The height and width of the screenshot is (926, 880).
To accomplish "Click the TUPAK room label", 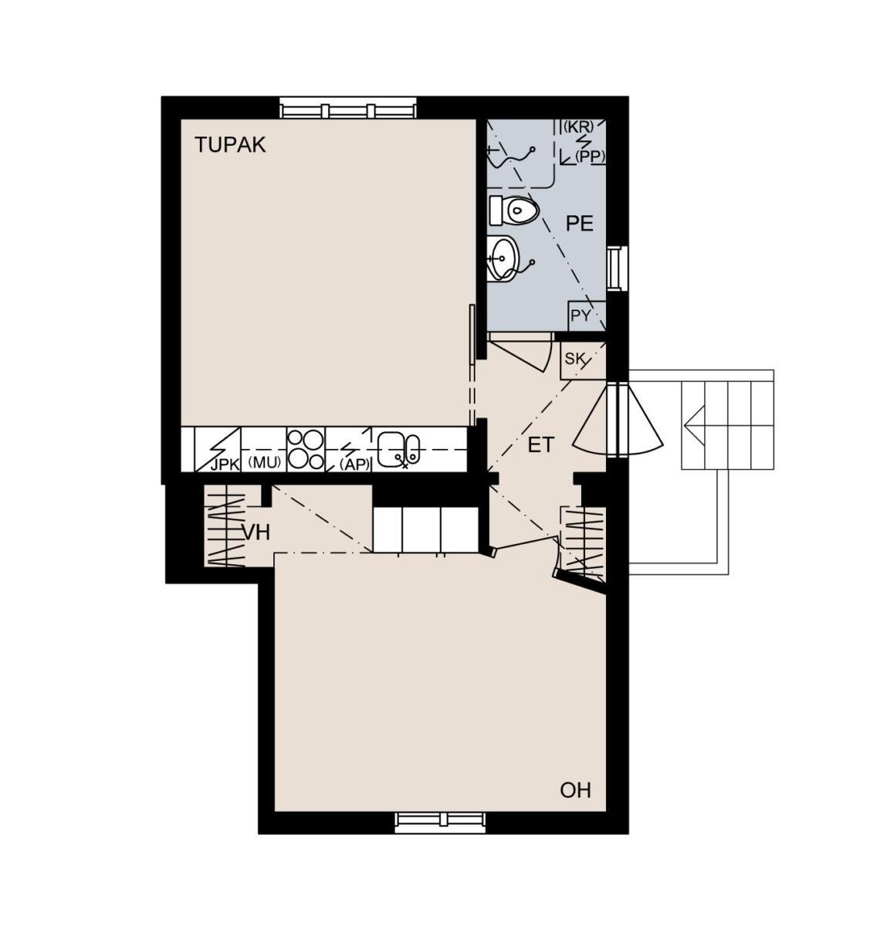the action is (230, 145).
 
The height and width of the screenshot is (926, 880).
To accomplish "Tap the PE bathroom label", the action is (579, 225).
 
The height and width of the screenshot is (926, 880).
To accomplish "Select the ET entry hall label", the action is (541, 445).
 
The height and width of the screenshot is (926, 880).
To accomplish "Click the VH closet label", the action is (256, 532).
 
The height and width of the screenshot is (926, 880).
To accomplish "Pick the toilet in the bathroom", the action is (514, 211).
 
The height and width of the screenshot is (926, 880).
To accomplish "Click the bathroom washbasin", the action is (503, 259).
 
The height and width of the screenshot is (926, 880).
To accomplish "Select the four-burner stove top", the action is (306, 449).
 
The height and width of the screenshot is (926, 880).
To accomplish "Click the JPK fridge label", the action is (225, 465).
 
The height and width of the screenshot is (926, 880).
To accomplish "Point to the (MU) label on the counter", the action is (265, 462).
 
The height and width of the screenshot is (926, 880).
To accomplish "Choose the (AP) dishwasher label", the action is (354, 465).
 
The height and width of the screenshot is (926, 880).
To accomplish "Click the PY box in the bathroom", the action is (586, 316).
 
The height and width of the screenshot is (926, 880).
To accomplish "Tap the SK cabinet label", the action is (574, 359).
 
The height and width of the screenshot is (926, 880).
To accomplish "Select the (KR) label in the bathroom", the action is (578, 127).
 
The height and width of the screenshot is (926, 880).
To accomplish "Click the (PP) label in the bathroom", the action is (590, 157).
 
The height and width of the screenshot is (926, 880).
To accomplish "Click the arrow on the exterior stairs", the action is (694, 425).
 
